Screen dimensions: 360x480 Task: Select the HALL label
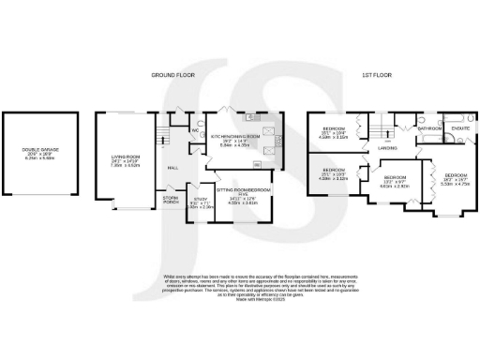click(173, 168)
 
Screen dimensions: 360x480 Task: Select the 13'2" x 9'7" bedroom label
click(394, 181)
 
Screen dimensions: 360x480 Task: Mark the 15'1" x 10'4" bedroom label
click(335, 131)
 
